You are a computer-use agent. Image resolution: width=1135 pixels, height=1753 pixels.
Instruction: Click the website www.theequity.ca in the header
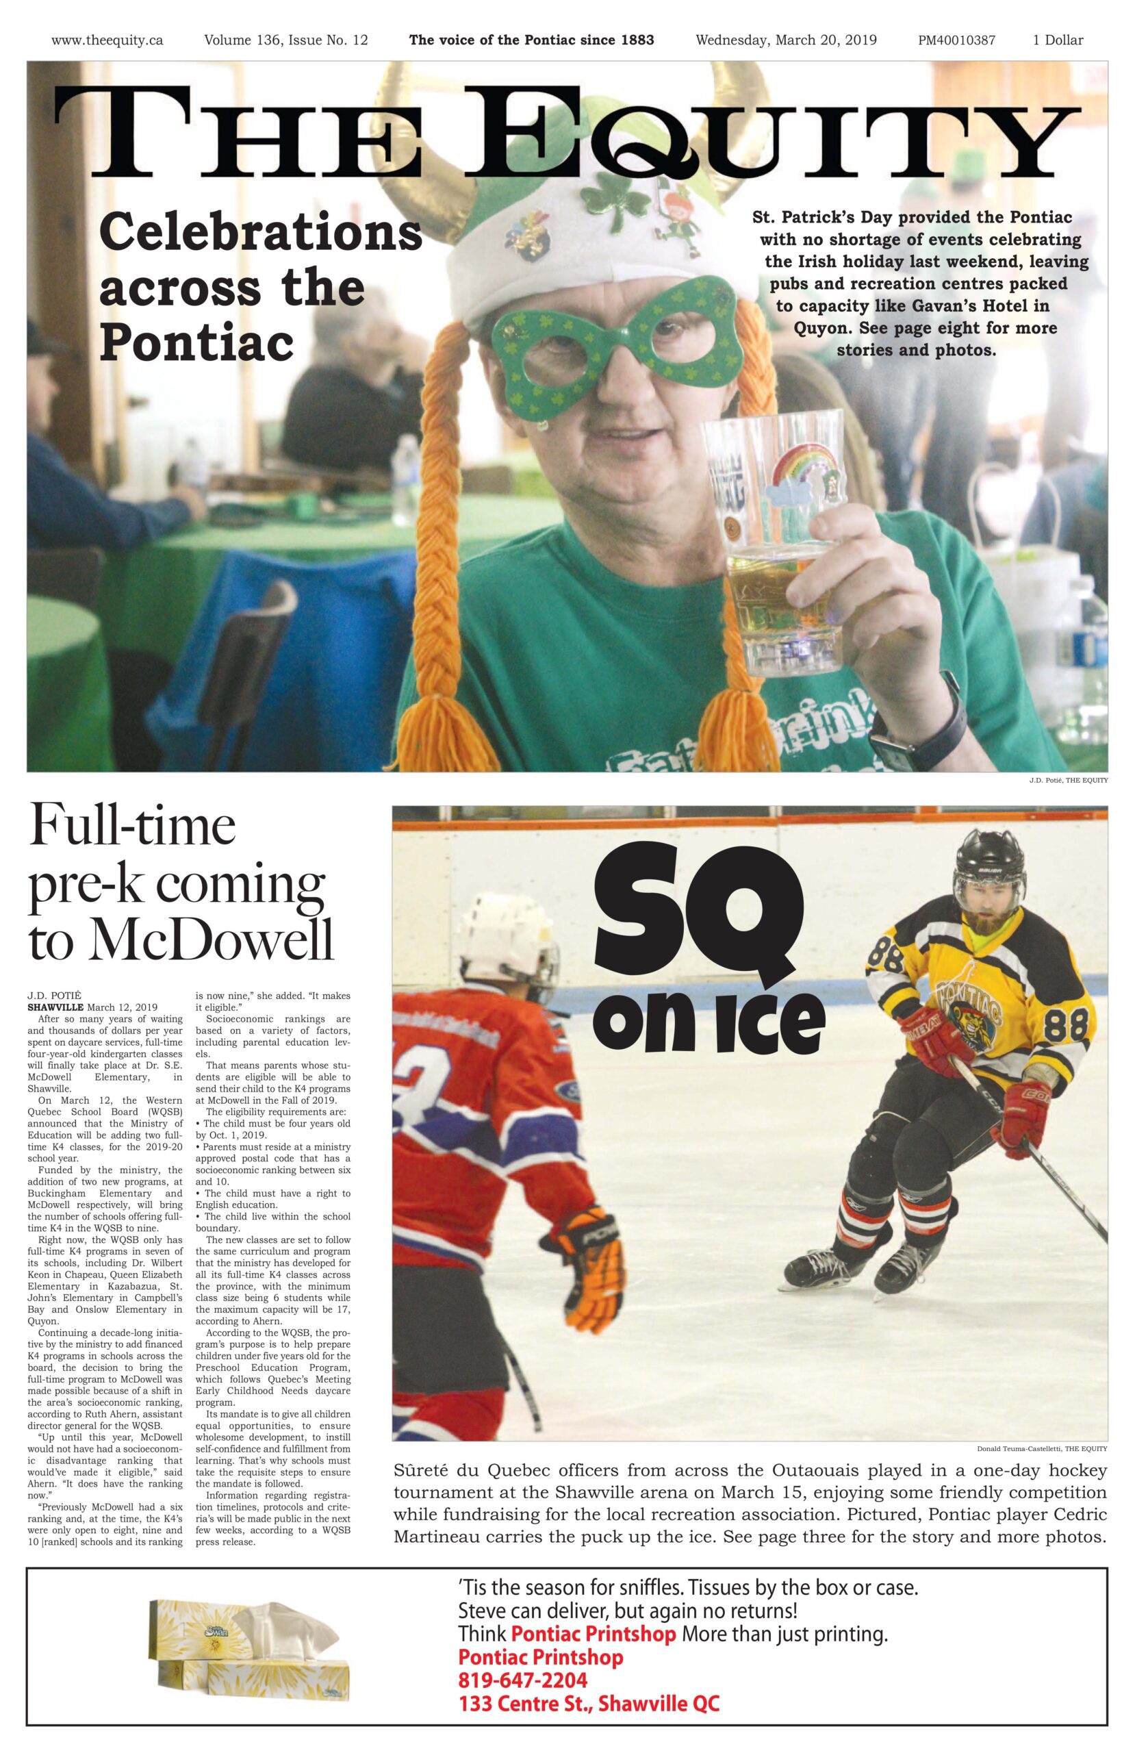(107, 40)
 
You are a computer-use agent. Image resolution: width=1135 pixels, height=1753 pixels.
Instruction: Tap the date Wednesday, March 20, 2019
(785, 40)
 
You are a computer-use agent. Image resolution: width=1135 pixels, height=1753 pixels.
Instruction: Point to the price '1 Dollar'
(1057, 40)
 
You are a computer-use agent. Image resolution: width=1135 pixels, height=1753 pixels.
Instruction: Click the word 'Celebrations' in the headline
(260, 232)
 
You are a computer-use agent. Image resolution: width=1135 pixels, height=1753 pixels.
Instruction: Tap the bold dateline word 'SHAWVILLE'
(56, 1007)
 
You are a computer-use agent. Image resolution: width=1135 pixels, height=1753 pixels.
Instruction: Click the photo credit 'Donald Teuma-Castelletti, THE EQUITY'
(1041, 1448)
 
